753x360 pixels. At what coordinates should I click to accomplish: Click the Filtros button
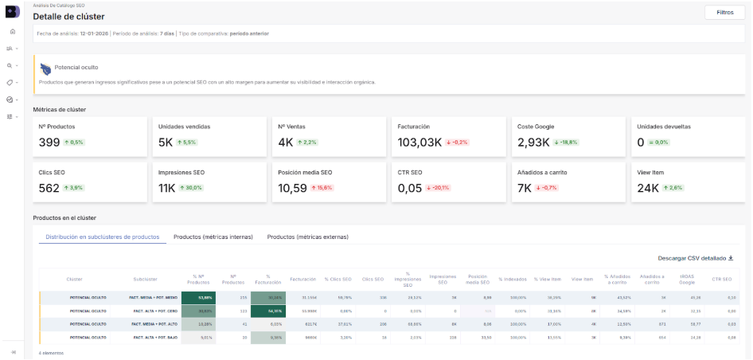pyautogui.click(x=725, y=13)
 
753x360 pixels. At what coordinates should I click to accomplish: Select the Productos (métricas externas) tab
pyautogui.click(x=307, y=237)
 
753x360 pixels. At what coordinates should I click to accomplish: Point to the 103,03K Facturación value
pyautogui.click(x=419, y=143)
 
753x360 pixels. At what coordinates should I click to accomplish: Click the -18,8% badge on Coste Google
pyautogui.click(x=565, y=143)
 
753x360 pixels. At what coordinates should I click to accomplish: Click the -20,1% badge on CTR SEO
pyautogui.click(x=439, y=188)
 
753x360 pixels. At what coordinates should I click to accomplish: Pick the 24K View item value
pyautogui.click(x=647, y=188)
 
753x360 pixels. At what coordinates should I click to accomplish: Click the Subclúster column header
pyautogui.click(x=145, y=279)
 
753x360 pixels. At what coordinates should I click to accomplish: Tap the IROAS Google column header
pyautogui.click(x=686, y=279)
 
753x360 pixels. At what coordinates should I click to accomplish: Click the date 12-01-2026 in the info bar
pyautogui.click(x=94, y=33)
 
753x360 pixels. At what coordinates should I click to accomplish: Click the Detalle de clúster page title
pyautogui.click(x=68, y=17)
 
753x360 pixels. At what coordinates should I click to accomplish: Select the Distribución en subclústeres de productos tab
pyautogui.click(x=103, y=237)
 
